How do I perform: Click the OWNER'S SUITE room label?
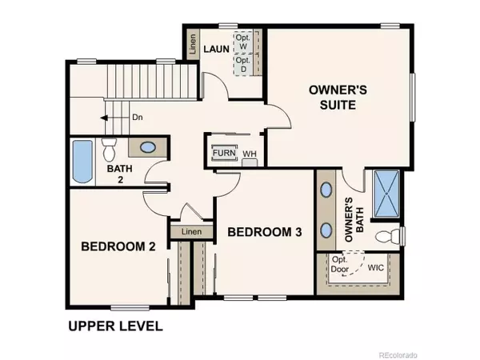[338, 98]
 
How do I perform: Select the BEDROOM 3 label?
[265, 232]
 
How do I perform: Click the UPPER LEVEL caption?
[115, 326]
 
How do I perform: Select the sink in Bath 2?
[148, 147]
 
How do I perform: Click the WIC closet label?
[376, 269]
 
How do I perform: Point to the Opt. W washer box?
[243, 42]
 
